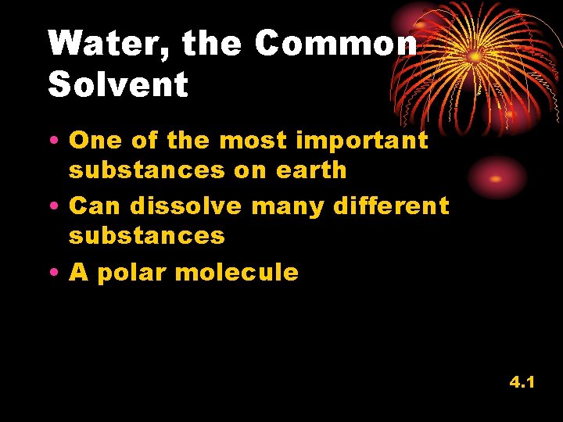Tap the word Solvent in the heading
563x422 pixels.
pyautogui.click(x=118, y=84)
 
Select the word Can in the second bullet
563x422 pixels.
pyautogui.click(x=96, y=206)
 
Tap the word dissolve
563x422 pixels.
pyautogui.click(x=186, y=206)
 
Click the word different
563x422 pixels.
pyautogui.click(x=391, y=206)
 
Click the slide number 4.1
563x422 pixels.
pyautogui.click(x=522, y=383)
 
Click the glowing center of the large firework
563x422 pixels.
pyautogui.click(x=475, y=56)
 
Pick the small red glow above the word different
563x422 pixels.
pyautogui.click(x=496, y=177)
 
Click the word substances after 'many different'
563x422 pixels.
pyautogui.click(x=146, y=235)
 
